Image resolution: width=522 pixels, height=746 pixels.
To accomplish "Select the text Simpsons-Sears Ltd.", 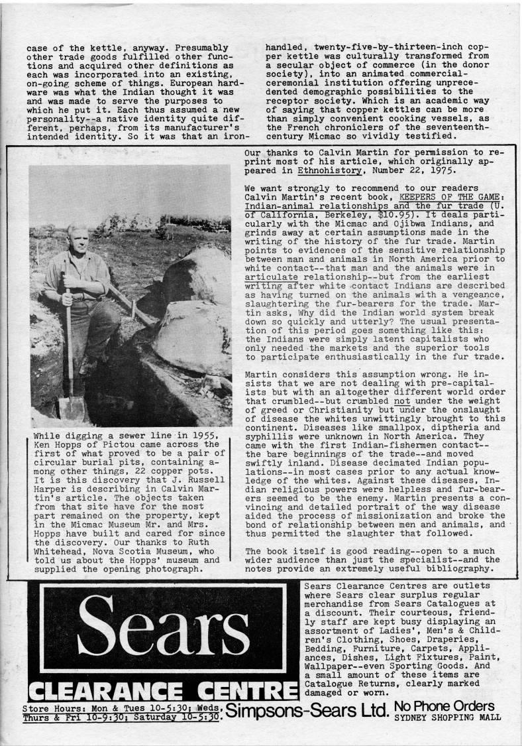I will click(x=306, y=712).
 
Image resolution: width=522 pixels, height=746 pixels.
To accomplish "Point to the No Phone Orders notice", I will click(x=444, y=705).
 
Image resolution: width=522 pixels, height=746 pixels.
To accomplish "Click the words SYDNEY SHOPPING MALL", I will click(x=447, y=717).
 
